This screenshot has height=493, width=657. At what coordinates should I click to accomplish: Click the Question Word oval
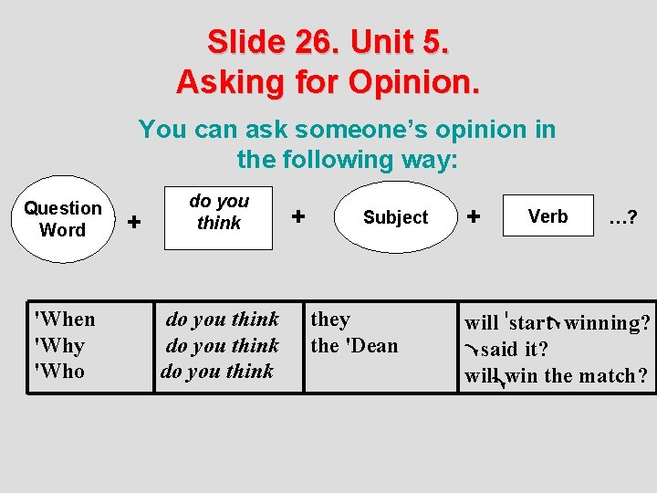click(x=63, y=219)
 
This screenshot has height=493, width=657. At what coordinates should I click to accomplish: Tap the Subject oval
click(x=395, y=217)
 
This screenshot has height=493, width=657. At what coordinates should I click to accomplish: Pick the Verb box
click(x=547, y=216)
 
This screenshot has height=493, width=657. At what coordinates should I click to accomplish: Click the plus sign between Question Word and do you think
click(x=134, y=221)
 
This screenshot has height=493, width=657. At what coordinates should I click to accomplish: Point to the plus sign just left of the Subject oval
click(x=297, y=216)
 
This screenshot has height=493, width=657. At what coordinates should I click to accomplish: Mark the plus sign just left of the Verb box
click(x=473, y=216)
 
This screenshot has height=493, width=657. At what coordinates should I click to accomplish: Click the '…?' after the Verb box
click(x=622, y=217)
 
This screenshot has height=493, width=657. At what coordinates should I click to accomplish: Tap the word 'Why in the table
click(x=58, y=345)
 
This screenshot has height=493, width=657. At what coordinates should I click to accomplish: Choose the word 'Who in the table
click(x=58, y=371)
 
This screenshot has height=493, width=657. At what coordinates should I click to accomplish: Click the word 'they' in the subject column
click(x=330, y=319)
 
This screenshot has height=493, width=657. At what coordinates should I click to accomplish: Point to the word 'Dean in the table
click(x=370, y=345)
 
